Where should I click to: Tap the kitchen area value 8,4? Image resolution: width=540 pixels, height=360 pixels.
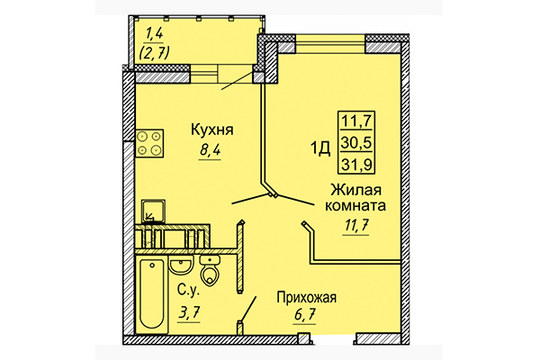click(x=210, y=151)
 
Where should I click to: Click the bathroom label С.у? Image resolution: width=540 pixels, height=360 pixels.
click(x=186, y=292)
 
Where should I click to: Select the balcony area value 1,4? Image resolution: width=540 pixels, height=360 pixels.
click(x=153, y=35)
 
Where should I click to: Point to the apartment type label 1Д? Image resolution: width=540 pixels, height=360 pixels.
click(x=320, y=140)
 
